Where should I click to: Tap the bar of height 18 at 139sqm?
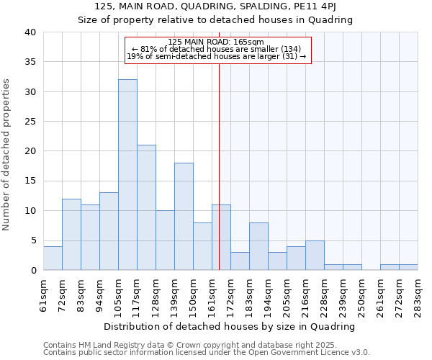pos(184,216)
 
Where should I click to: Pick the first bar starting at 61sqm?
pos(53,258)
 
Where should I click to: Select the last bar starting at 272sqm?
pos(408,267)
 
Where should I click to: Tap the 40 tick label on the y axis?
pos(30,32)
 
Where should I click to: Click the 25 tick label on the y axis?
pos(30,122)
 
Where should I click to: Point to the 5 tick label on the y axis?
pos(33,240)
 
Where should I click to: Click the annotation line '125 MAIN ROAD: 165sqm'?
pos(216,42)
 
